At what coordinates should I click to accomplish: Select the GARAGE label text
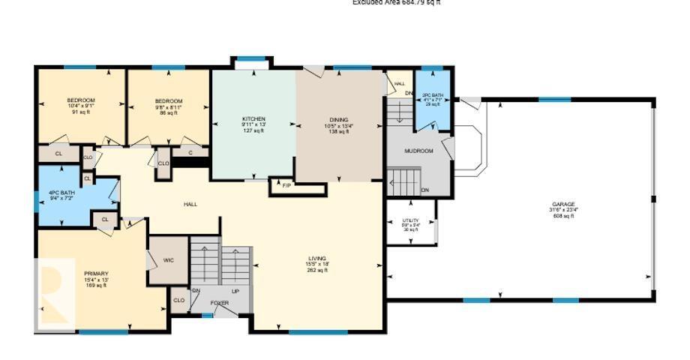tap(563, 204)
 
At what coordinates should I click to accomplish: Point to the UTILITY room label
tap(410, 220)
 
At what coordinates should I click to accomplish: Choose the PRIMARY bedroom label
tap(96, 273)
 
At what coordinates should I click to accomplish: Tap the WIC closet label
tap(169, 260)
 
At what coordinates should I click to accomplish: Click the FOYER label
tap(219, 303)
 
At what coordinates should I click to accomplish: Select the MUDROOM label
tap(418, 151)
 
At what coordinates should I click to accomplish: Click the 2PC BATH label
tap(433, 95)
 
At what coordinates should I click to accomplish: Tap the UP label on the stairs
tap(235, 291)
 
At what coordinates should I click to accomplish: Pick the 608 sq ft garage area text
tap(563, 216)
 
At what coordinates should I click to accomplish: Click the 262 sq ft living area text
tap(316, 271)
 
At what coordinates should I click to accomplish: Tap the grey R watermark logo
tap(54, 294)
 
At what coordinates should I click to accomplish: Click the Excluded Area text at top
tap(396, 3)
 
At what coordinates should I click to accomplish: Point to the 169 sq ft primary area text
tap(96, 286)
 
